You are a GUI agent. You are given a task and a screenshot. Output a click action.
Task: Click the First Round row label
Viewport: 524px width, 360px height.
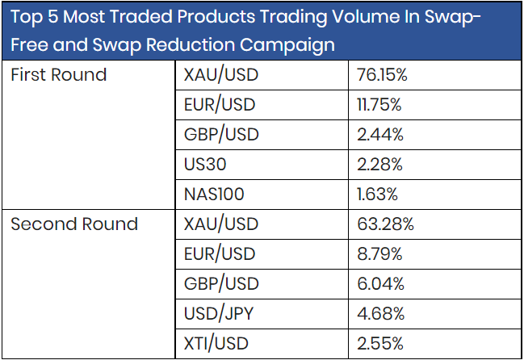[x=58, y=75]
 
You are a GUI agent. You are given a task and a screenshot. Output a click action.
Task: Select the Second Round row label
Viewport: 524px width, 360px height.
[x=74, y=224]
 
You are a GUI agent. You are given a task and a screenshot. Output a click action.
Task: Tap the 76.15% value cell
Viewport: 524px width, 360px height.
[x=381, y=75]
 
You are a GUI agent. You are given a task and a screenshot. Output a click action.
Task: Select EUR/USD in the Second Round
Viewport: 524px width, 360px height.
[x=220, y=254]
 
